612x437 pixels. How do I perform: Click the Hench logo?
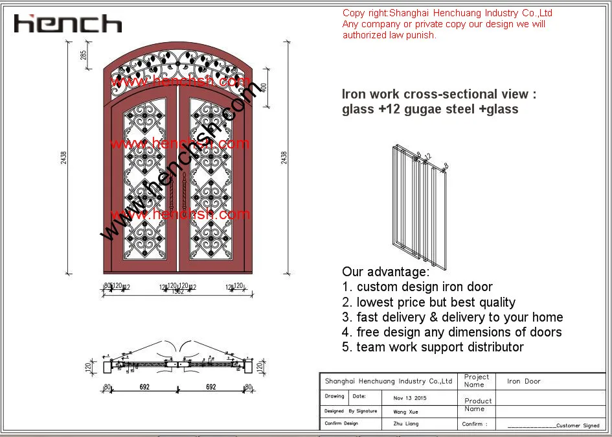tap(68, 24)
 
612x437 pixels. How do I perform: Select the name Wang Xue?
tap(406, 411)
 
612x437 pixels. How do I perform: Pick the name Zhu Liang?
tap(406, 424)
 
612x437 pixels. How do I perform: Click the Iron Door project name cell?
tap(523, 381)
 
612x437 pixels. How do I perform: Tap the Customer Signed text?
tap(578, 425)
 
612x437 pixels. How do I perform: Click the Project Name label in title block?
tap(476, 381)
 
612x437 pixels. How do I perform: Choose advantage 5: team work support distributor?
tap(433, 347)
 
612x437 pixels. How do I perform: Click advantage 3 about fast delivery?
tap(453, 317)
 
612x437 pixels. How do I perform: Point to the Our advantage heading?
tap(385, 272)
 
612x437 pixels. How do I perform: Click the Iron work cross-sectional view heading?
tap(439, 94)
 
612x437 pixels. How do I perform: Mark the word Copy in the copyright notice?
tap(353, 13)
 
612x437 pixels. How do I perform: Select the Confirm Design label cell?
tap(341, 424)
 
